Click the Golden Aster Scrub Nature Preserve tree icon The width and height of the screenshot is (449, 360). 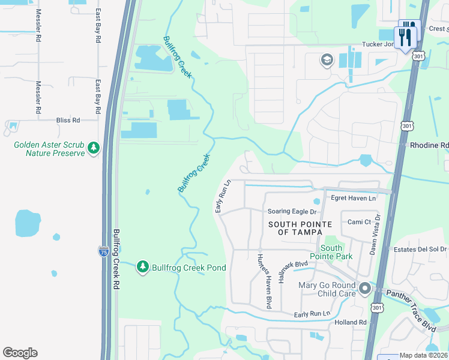[x=94, y=148]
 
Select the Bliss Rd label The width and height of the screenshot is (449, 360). [x=68, y=121]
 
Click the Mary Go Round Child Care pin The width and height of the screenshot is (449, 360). [x=364, y=290]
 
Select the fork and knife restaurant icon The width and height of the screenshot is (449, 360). [x=406, y=38]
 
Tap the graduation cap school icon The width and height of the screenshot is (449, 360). [x=327, y=59]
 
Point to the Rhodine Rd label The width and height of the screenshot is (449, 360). [x=429, y=145]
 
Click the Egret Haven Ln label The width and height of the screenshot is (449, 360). [x=353, y=198]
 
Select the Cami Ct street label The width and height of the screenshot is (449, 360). [x=359, y=222]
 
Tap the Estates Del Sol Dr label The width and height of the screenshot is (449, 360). [x=420, y=249]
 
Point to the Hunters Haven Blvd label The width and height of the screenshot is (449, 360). [x=265, y=279]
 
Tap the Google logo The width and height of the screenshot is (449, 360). [x=20, y=353]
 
